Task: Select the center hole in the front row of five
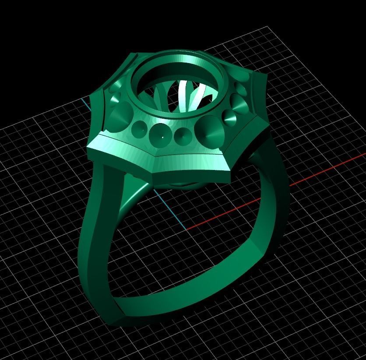(x=159, y=133)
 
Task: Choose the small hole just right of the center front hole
(x=181, y=135)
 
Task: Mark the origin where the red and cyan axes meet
(x=187, y=229)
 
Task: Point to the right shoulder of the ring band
(x=271, y=184)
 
